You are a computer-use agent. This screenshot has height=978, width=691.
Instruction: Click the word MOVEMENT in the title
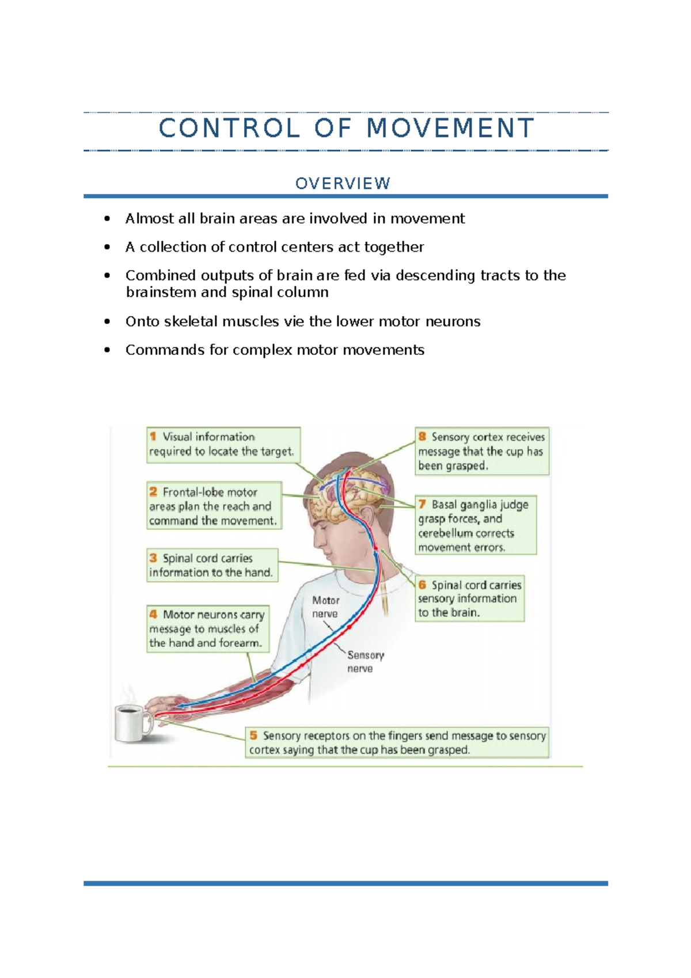pos(450,128)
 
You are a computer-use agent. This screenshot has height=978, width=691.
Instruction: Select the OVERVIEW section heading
pos(343,184)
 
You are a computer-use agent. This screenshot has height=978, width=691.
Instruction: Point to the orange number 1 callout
pos(153,437)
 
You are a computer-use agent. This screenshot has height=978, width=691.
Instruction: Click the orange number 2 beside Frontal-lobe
pos(153,492)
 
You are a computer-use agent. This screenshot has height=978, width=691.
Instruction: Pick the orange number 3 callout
pos(153,558)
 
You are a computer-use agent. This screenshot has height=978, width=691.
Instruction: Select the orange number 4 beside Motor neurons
pos(153,614)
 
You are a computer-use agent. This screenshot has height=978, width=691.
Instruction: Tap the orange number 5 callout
pos(253,735)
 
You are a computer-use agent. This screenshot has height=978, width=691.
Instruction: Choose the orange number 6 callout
pos(422,585)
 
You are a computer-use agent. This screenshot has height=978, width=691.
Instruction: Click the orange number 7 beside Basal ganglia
pos(422,505)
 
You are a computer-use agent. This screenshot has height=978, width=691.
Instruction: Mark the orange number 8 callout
pos(422,437)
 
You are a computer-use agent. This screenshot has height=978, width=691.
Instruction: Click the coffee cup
pos(132,723)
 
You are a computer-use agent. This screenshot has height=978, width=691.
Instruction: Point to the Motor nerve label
pos(325,607)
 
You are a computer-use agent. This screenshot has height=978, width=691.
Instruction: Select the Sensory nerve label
pos(365,662)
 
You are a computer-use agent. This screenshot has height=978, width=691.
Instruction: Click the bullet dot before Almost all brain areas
pos(107,219)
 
